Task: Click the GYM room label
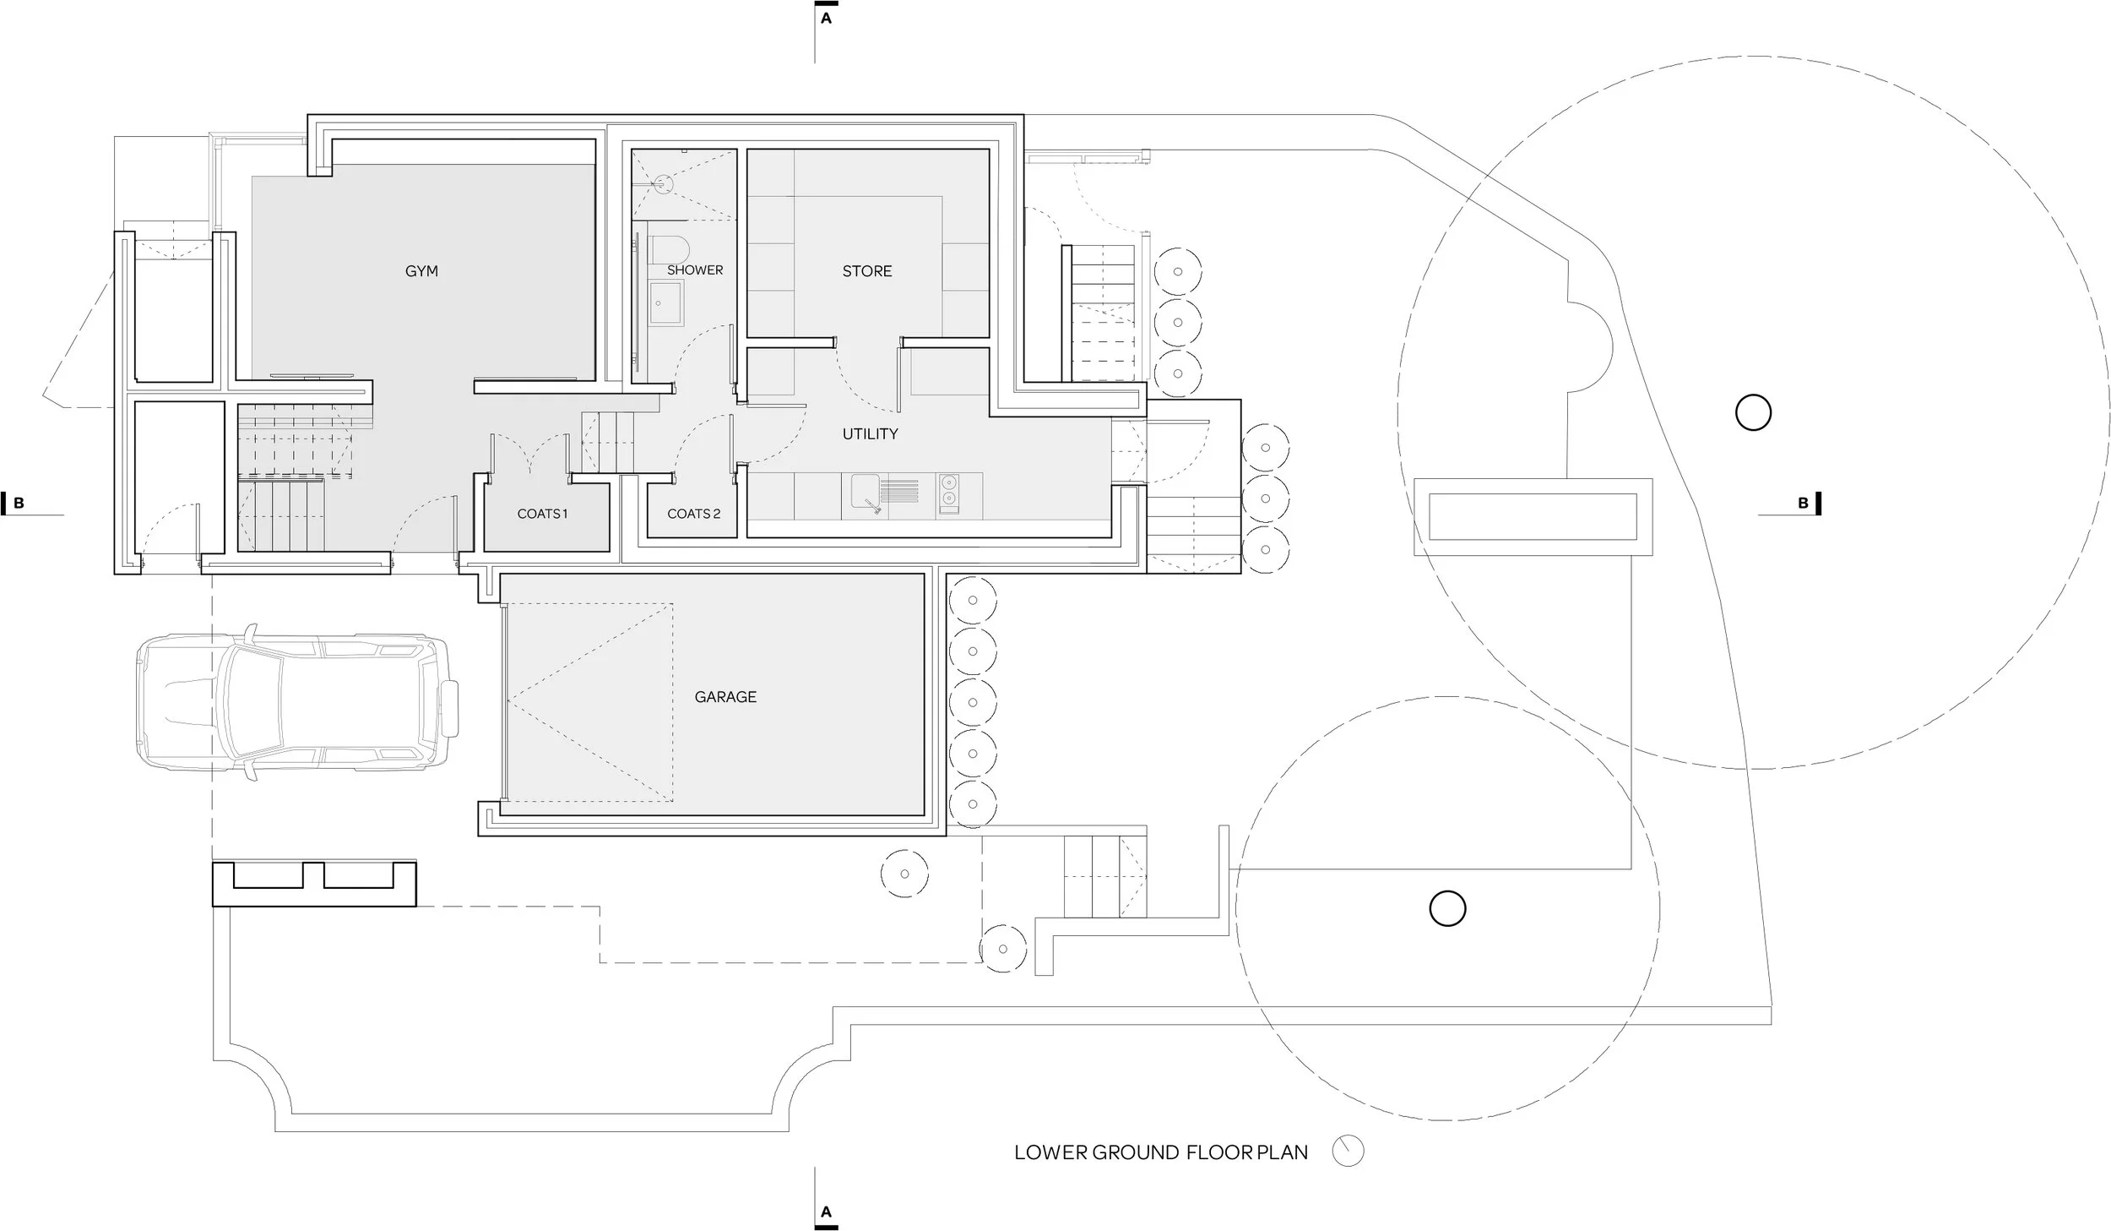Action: coord(421,271)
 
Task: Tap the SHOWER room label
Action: coord(695,270)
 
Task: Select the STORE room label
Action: coord(866,271)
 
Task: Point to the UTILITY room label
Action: coord(870,434)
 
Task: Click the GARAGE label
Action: coord(725,697)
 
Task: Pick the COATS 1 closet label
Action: coord(542,514)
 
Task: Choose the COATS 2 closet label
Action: coord(693,514)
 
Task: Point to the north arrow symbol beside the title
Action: coord(1348,1151)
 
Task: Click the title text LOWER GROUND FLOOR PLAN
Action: coord(1160,1152)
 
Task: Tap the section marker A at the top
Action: coord(826,18)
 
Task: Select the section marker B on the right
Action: coord(1804,504)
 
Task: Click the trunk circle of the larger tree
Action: coord(1753,413)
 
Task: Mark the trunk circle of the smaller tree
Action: coord(1447,908)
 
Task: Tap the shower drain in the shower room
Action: coord(664,182)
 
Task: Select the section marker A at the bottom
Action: coord(826,1212)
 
